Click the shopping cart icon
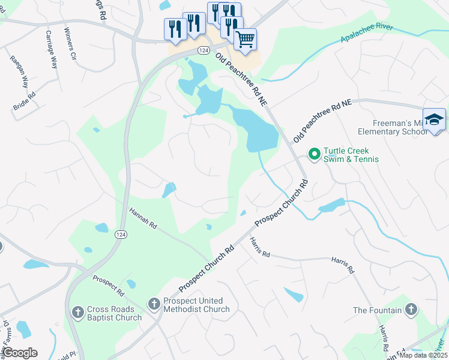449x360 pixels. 245,40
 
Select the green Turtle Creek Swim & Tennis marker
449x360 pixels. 313,154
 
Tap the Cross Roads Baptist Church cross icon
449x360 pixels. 77,312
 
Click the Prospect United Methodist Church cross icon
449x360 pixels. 154,304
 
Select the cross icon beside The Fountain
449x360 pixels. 411,310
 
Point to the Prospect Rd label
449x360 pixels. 108,286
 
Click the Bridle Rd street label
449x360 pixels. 25,100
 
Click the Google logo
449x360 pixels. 20,353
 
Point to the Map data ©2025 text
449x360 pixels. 423,355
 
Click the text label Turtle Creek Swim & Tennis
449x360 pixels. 351,155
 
